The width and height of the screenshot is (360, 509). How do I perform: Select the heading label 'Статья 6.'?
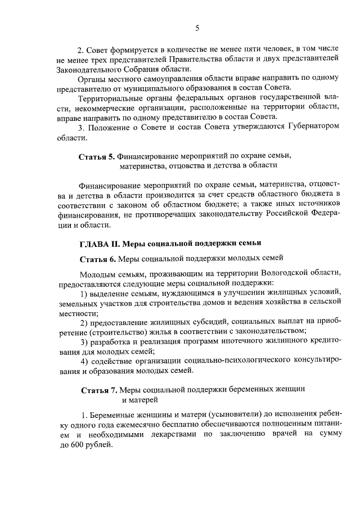(x=96, y=259)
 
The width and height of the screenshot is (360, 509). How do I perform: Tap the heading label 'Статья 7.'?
(x=98, y=390)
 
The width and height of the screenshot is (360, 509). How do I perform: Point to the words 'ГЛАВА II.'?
(x=98, y=243)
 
